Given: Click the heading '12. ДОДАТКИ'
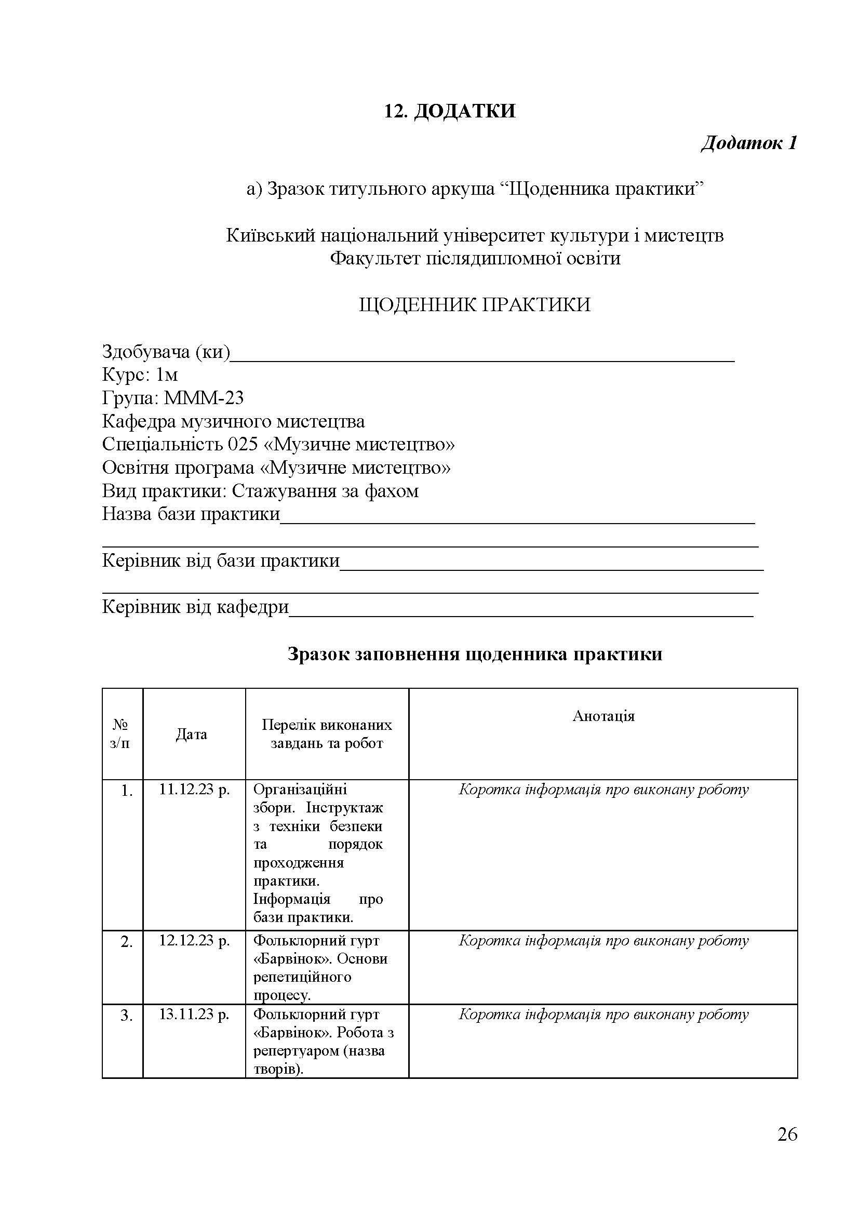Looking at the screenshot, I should [x=449, y=111].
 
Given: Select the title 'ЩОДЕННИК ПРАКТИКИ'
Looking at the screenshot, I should [x=475, y=305].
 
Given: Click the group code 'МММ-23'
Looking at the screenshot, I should [x=204, y=398].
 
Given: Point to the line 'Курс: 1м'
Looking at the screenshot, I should [x=140, y=375].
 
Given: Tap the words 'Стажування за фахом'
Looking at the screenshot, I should [x=325, y=491].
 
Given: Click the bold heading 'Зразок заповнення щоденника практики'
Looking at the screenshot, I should [x=475, y=655].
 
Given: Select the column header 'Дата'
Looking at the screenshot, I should [x=192, y=735].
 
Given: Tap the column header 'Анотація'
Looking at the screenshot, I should [x=603, y=716].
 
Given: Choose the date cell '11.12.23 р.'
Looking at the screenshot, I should [x=194, y=790].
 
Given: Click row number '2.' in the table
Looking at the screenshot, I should [x=126, y=942].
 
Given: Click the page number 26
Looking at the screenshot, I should [x=786, y=1135].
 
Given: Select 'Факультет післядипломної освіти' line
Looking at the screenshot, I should [x=475, y=259].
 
